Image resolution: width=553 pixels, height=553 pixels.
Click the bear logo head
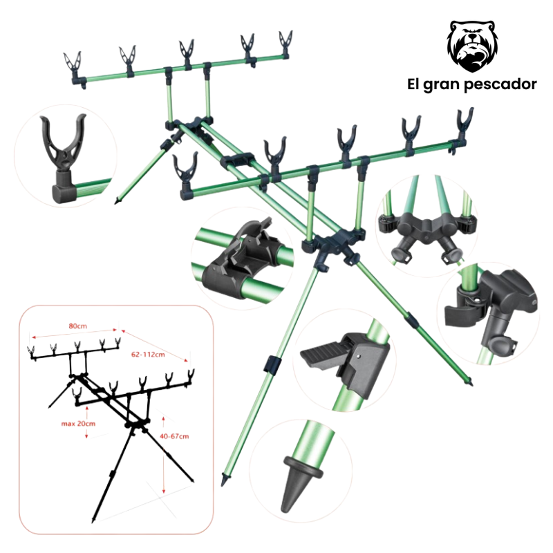(472, 46)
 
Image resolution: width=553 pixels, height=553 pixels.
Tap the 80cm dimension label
(77, 326)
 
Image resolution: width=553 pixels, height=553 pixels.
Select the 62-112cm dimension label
(148, 354)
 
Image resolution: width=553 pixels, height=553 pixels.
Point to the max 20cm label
(78, 424)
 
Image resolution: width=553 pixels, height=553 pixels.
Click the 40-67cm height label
(174, 436)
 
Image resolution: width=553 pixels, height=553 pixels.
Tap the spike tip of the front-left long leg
(223, 481)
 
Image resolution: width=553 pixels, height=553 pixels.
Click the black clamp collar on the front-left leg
(271, 364)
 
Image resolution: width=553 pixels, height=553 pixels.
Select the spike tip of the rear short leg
(116, 201)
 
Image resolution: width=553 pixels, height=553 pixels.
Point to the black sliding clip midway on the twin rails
(237, 160)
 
